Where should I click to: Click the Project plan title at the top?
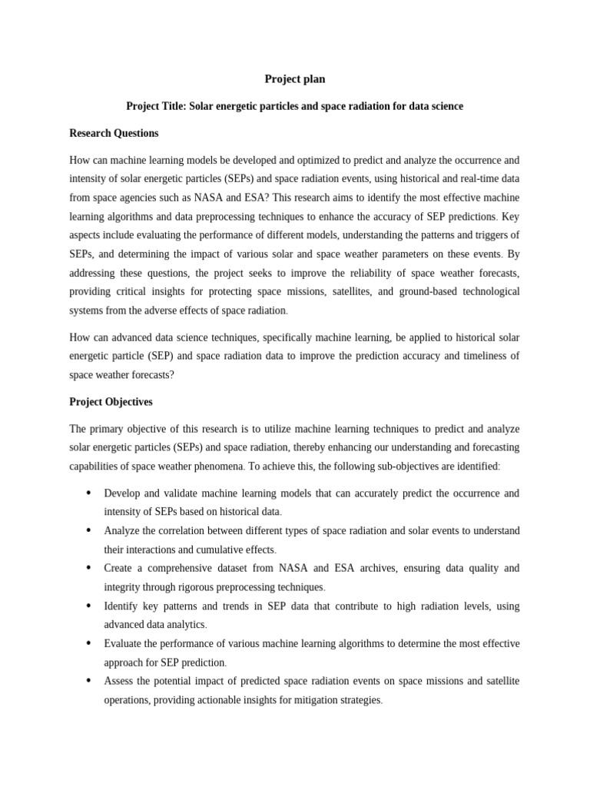pyautogui.click(x=295, y=79)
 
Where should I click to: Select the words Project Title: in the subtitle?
pyautogui.click(x=156, y=106)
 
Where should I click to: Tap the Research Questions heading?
pyautogui.click(x=114, y=133)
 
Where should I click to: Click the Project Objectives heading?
pyautogui.click(x=111, y=402)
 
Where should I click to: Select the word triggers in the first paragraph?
pyautogui.click(x=491, y=235)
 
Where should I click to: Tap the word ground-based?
pyautogui.click(x=430, y=291)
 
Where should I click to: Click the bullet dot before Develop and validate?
pyautogui.click(x=89, y=493)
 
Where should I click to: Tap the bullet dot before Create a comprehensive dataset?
pyautogui.click(x=89, y=568)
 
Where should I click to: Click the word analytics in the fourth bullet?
pyautogui.click(x=184, y=625)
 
